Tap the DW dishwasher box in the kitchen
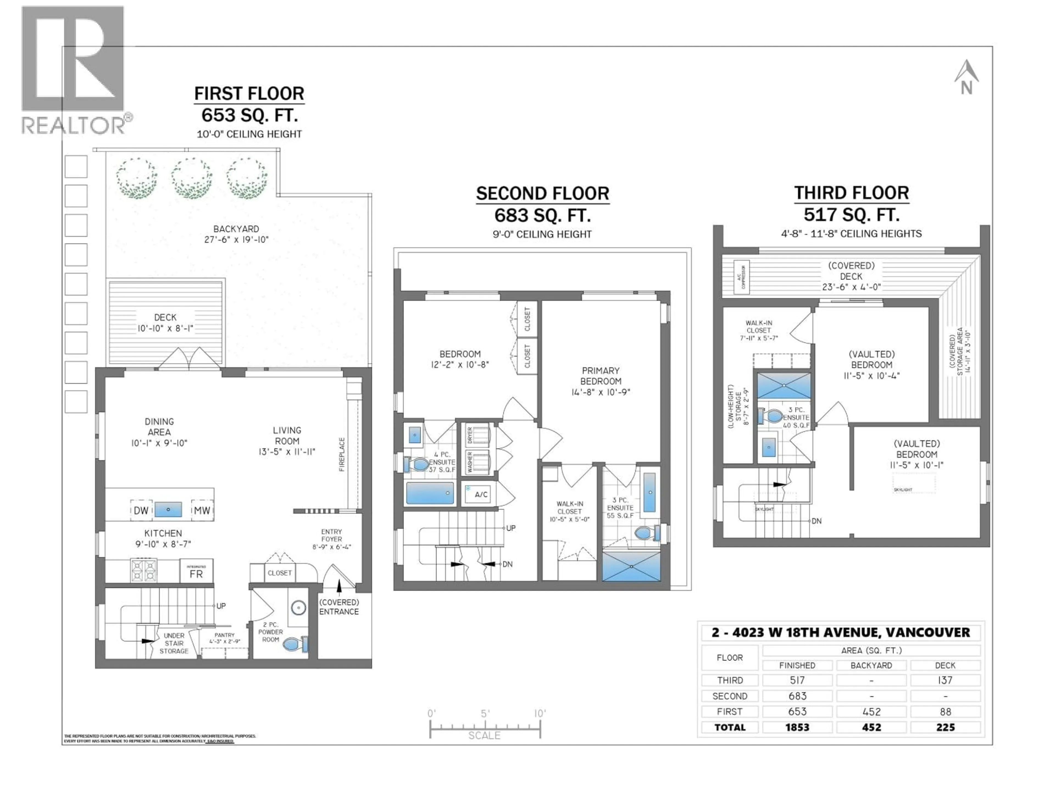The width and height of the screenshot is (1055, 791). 141,510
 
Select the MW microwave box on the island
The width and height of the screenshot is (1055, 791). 202,510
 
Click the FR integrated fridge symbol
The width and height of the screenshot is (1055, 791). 196,571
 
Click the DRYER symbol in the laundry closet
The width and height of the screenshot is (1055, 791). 478,435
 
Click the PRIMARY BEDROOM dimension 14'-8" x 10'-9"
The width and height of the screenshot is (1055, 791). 601,392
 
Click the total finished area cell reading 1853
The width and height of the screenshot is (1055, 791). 797,727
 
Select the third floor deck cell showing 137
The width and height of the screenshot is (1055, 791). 945,680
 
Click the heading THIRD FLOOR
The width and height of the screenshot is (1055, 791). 851,193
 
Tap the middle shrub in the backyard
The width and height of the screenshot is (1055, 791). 192,178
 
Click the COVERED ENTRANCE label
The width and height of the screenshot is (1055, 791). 339,607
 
